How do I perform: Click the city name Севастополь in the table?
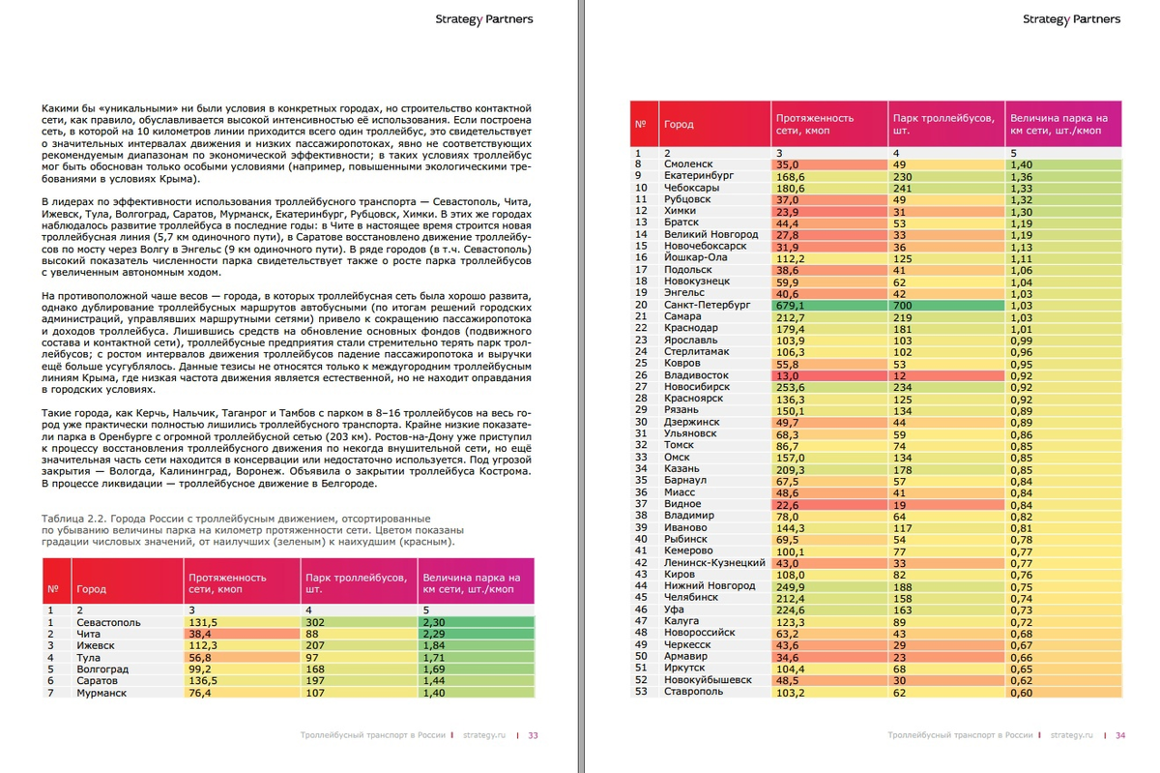(x=108, y=623)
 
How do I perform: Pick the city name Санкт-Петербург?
(x=707, y=305)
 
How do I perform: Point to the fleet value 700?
(x=903, y=305)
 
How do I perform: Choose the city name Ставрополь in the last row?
(x=693, y=692)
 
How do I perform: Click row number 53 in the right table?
(x=641, y=692)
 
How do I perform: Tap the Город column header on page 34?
(x=679, y=125)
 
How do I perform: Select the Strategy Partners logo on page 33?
(x=483, y=19)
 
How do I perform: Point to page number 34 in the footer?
(x=1120, y=735)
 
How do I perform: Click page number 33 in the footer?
(x=533, y=735)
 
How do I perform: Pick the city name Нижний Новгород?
(x=710, y=586)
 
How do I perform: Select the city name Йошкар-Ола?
(x=696, y=258)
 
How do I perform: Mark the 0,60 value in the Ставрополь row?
(x=1021, y=692)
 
